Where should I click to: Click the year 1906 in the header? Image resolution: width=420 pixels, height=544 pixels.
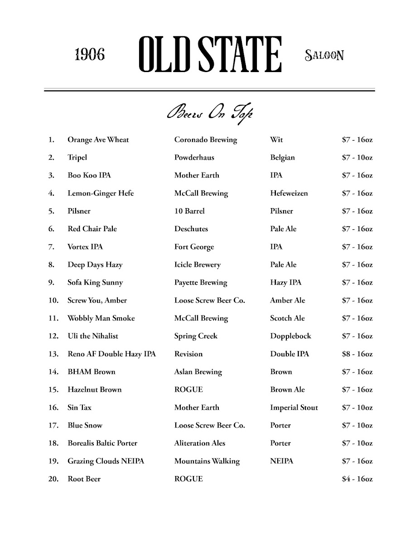click(x=90, y=55)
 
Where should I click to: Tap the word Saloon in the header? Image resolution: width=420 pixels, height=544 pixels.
click(x=324, y=55)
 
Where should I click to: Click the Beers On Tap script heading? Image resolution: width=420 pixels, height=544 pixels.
click(x=209, y=113)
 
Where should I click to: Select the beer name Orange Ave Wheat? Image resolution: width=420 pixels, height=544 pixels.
click(x=98, y=140)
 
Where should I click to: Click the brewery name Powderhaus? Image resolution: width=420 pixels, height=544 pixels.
click(x=194, y=158)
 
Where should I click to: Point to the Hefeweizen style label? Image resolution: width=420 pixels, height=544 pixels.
click(x=289, y=194)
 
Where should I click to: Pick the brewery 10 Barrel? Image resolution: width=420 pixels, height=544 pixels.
click(x=189, y=211)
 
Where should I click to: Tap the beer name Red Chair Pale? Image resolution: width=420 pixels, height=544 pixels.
click(x=92, y=229)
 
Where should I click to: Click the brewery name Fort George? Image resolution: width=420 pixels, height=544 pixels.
click(x=194, y=247)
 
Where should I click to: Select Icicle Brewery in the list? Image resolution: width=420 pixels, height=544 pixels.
click(x=197, y=265)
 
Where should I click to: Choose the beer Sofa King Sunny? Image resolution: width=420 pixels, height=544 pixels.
click(x=95, y=283)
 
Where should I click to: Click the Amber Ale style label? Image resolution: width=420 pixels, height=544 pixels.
click(x=287, y=301)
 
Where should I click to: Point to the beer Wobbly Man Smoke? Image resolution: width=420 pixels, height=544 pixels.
click(x=101, y=318)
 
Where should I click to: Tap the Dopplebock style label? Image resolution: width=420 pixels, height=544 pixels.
click(x=290, y=336)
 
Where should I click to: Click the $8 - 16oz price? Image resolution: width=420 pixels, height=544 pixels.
click(x=357, y=354)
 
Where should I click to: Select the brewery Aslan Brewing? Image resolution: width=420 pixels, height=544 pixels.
click(x=198, y=372)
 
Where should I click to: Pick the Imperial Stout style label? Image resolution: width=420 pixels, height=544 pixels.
click(x=294, y=408)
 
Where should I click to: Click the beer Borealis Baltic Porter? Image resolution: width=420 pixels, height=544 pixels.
click(x=102, y=443)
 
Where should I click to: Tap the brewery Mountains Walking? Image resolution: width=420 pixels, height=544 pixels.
click(x=207, y=461)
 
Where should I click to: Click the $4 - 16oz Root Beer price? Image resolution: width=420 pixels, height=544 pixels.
click(x=357, y=479)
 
